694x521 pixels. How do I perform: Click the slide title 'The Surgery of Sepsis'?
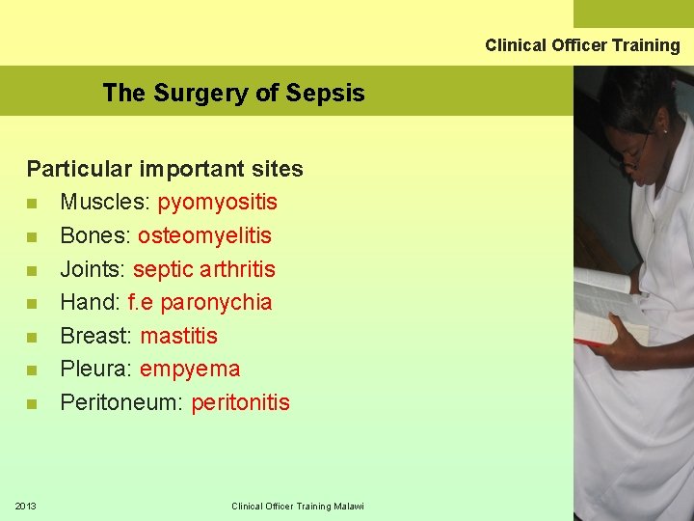[233, 93]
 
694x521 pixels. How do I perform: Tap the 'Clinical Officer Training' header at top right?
[582, 45]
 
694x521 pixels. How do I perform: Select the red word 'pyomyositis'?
[218, 202]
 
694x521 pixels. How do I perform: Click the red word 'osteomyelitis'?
[204, 235]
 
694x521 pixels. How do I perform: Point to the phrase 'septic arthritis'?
[204, 269]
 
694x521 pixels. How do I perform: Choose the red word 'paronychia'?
[216, 302]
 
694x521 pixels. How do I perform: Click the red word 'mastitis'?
[179, 336]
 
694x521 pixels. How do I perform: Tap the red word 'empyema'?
[190, 369]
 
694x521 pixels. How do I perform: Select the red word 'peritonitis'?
[240, 402]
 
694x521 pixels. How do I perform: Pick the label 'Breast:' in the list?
[96, 336]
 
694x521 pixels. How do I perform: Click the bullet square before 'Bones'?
[33, 236]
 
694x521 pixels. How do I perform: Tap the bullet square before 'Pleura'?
[33, 370]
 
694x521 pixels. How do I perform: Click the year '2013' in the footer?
[26, 506]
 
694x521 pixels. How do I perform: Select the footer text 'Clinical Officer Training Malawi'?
[298, 507]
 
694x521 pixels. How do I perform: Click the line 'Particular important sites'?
[165, 169]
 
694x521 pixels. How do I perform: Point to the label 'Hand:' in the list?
[90, 302]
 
